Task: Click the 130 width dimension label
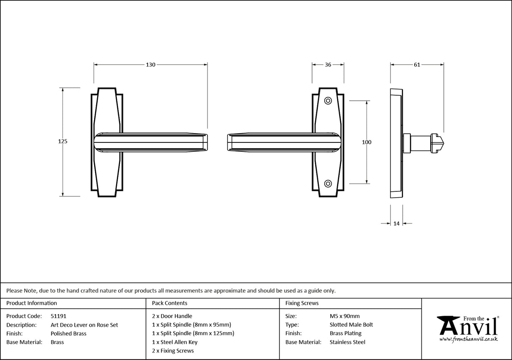pos(151,65)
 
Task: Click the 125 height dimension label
pos(62,142)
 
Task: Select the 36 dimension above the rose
pos(328,65)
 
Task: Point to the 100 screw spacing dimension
pos(366,142)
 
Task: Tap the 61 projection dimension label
pos(417,65)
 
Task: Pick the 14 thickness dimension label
pos(396,224)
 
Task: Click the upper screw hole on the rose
pos(328,101)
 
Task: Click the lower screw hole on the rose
pos(328,183)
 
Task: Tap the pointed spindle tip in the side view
pos(439,142)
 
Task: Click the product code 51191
pos(58,316)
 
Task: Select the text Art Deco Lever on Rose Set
pos(84,325)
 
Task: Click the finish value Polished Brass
pos(68,333)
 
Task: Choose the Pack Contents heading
pos(170,303)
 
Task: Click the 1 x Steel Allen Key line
pos(175,342)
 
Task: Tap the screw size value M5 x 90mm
pos(345,316)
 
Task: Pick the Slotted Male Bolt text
pos(351,325)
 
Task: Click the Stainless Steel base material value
pos(348,342)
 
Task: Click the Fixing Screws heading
pos(302,303)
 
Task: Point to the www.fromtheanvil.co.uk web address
pos(468,339)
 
